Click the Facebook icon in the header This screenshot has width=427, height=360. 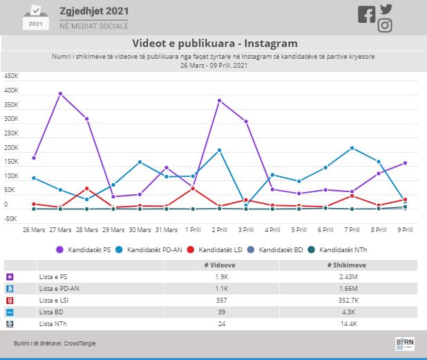pyautogui.click(x=366, y=15)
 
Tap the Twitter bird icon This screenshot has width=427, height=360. pyautogui.click(x=386, y=10)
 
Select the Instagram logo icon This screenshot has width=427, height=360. pyautogui.click(x=386, y=26)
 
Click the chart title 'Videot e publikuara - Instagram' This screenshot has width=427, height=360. pyautogui.click(x=213, y=44)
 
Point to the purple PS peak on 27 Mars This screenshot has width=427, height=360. pyautogui.click(x=60, y=93)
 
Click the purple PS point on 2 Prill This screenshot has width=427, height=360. pyautogui.click(x=219, y=100)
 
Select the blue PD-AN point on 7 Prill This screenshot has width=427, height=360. pyautogui.click(x=352, y=148)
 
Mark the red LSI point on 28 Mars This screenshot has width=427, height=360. pyautogui.click(x=87, y=188)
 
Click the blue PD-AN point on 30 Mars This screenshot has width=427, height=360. pyautogui.click(x=140, y=162)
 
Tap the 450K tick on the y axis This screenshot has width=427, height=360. pyautogui.click(x=11, y=76)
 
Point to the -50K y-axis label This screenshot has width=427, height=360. pyautogui.click(x=10, y=219)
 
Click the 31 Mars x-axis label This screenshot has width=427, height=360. pyautogui.click(x=166, y=229)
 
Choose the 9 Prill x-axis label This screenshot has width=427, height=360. pyautogui.click(x=405, y=229)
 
